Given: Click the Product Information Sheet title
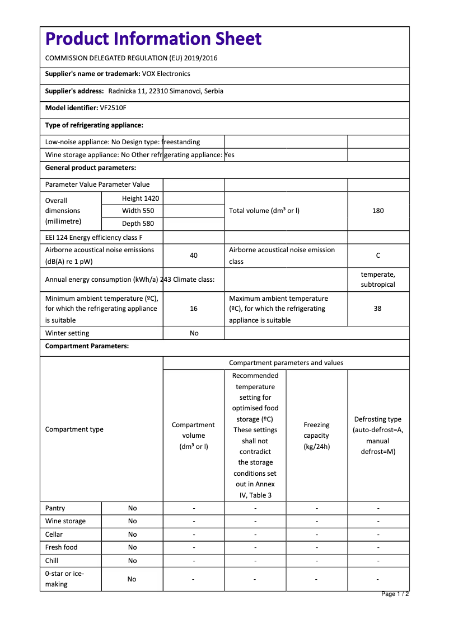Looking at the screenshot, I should pyautogui.click(x=153, y=39).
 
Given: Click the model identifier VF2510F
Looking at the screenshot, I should pyautogui.click(x=113, y=108).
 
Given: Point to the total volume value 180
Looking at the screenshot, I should pyautogui.click(x=378, y=211).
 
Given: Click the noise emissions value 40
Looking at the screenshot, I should pyautogui.click(x=194, y=256).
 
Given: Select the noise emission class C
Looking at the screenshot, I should pyautogui.click(x=378, y=256).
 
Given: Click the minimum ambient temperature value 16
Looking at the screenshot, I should pyautogui.click(x=194, y=309).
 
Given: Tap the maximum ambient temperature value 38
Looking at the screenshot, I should pyautogui.click(x=378, y=309).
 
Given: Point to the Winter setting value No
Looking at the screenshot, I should pyautogui.click(x=194, y=333).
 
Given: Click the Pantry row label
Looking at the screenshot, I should pyautogui.click(x=55, y=508).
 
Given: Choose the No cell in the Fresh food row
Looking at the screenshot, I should pyautogui.click(x=132, y=547).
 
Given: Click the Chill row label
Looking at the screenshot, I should pyautogui.click(x=52, y=561).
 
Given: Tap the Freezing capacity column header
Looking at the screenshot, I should pyautogui.click(x=317, y=436).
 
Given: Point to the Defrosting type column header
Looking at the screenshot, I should pyautogui.click(x=378, y=436).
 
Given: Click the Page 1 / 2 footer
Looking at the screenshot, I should pyautogui.click(x=395, y=594).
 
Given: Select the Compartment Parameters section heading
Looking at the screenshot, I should pyautogui.click(x=87, y=346).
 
